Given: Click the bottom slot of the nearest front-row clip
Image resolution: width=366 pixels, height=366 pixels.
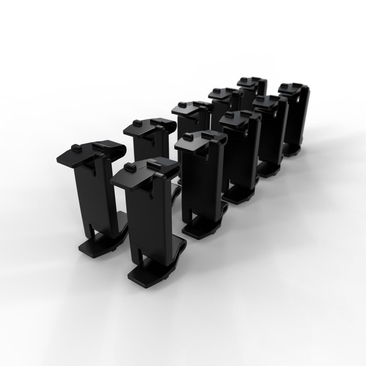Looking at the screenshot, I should (x=140, y=255).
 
